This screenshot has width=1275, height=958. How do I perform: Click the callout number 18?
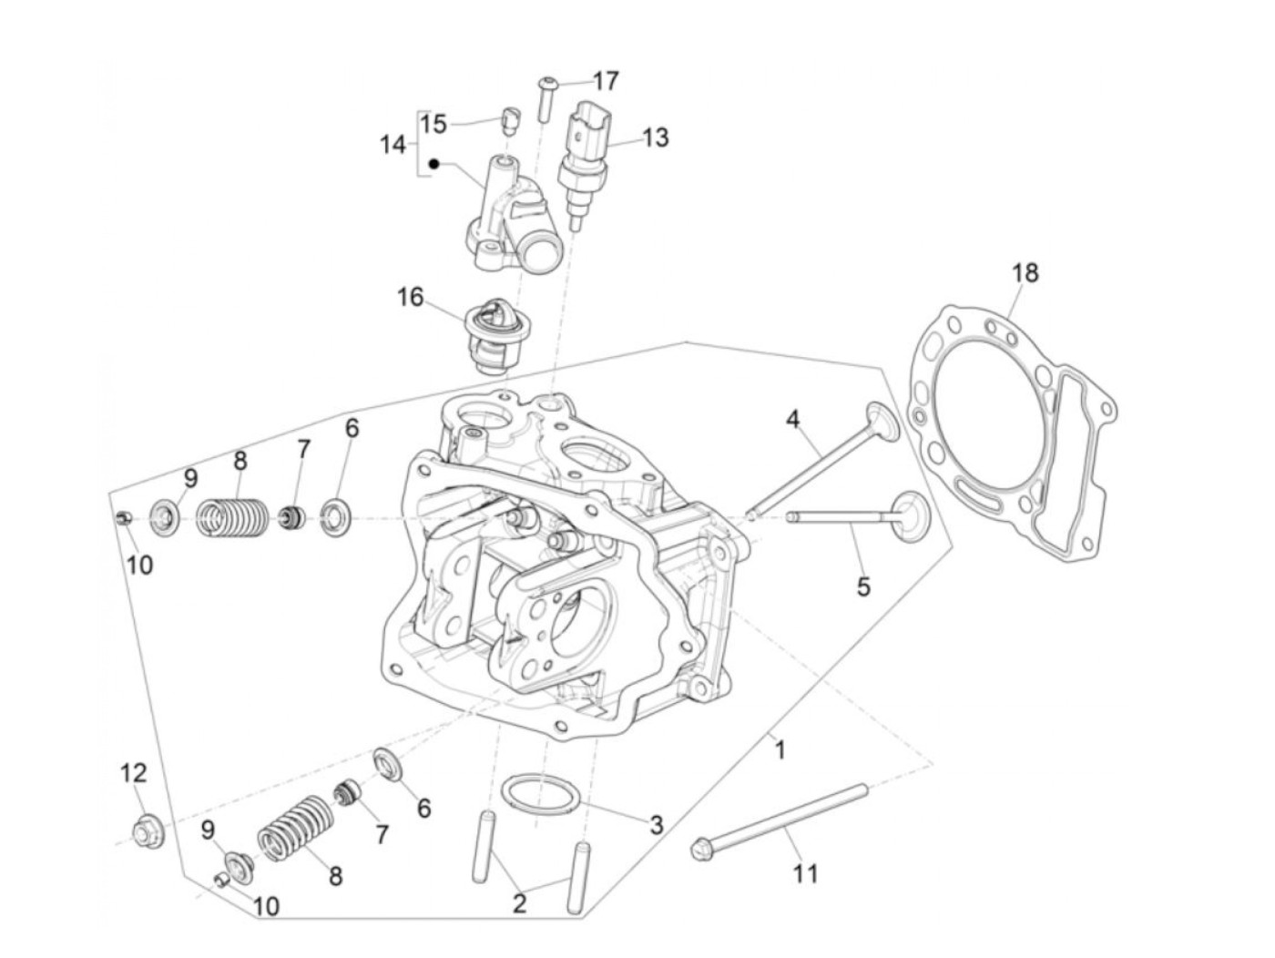[x=1025, y=272]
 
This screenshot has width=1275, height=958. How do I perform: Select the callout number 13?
[x=655, y=138]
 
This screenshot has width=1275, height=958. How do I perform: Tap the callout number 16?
[x=411, y=297]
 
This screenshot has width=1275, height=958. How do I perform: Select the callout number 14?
[x=393, y=144]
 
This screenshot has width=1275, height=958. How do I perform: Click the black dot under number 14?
[x=434, y=165]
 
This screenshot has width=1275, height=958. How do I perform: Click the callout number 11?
[x=805, y=874]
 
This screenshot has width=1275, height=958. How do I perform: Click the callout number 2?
[x=519, y=903]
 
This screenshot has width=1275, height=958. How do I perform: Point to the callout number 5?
[x=862, y=586]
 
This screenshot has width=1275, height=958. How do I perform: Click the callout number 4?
[x=792, y=420]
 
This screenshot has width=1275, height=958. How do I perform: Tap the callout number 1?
[x=780, y=749]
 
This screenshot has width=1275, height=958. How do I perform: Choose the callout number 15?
[x=434, y=124]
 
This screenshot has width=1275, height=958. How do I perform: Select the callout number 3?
[x=656, y=826]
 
